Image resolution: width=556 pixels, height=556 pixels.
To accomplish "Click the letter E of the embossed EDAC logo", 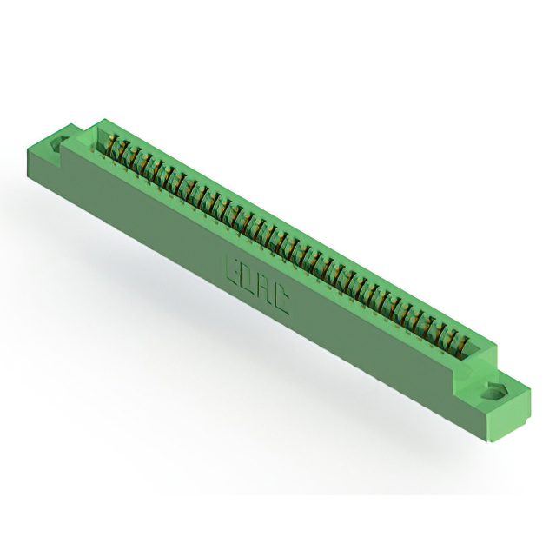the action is [x=233, y=269].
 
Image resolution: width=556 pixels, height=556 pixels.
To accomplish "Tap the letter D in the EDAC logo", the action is [x=248, y=279].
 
